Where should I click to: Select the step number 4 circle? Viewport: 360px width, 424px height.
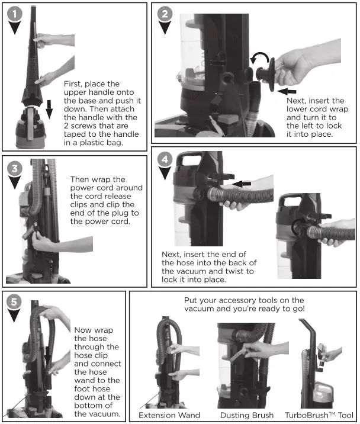(166, 160)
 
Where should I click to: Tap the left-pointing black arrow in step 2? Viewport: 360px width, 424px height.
(288, 91)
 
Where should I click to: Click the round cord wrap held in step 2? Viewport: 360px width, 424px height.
(269, 74)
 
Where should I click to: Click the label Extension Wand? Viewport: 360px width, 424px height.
(169, 415)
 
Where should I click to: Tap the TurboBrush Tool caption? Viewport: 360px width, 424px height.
(319, 415)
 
